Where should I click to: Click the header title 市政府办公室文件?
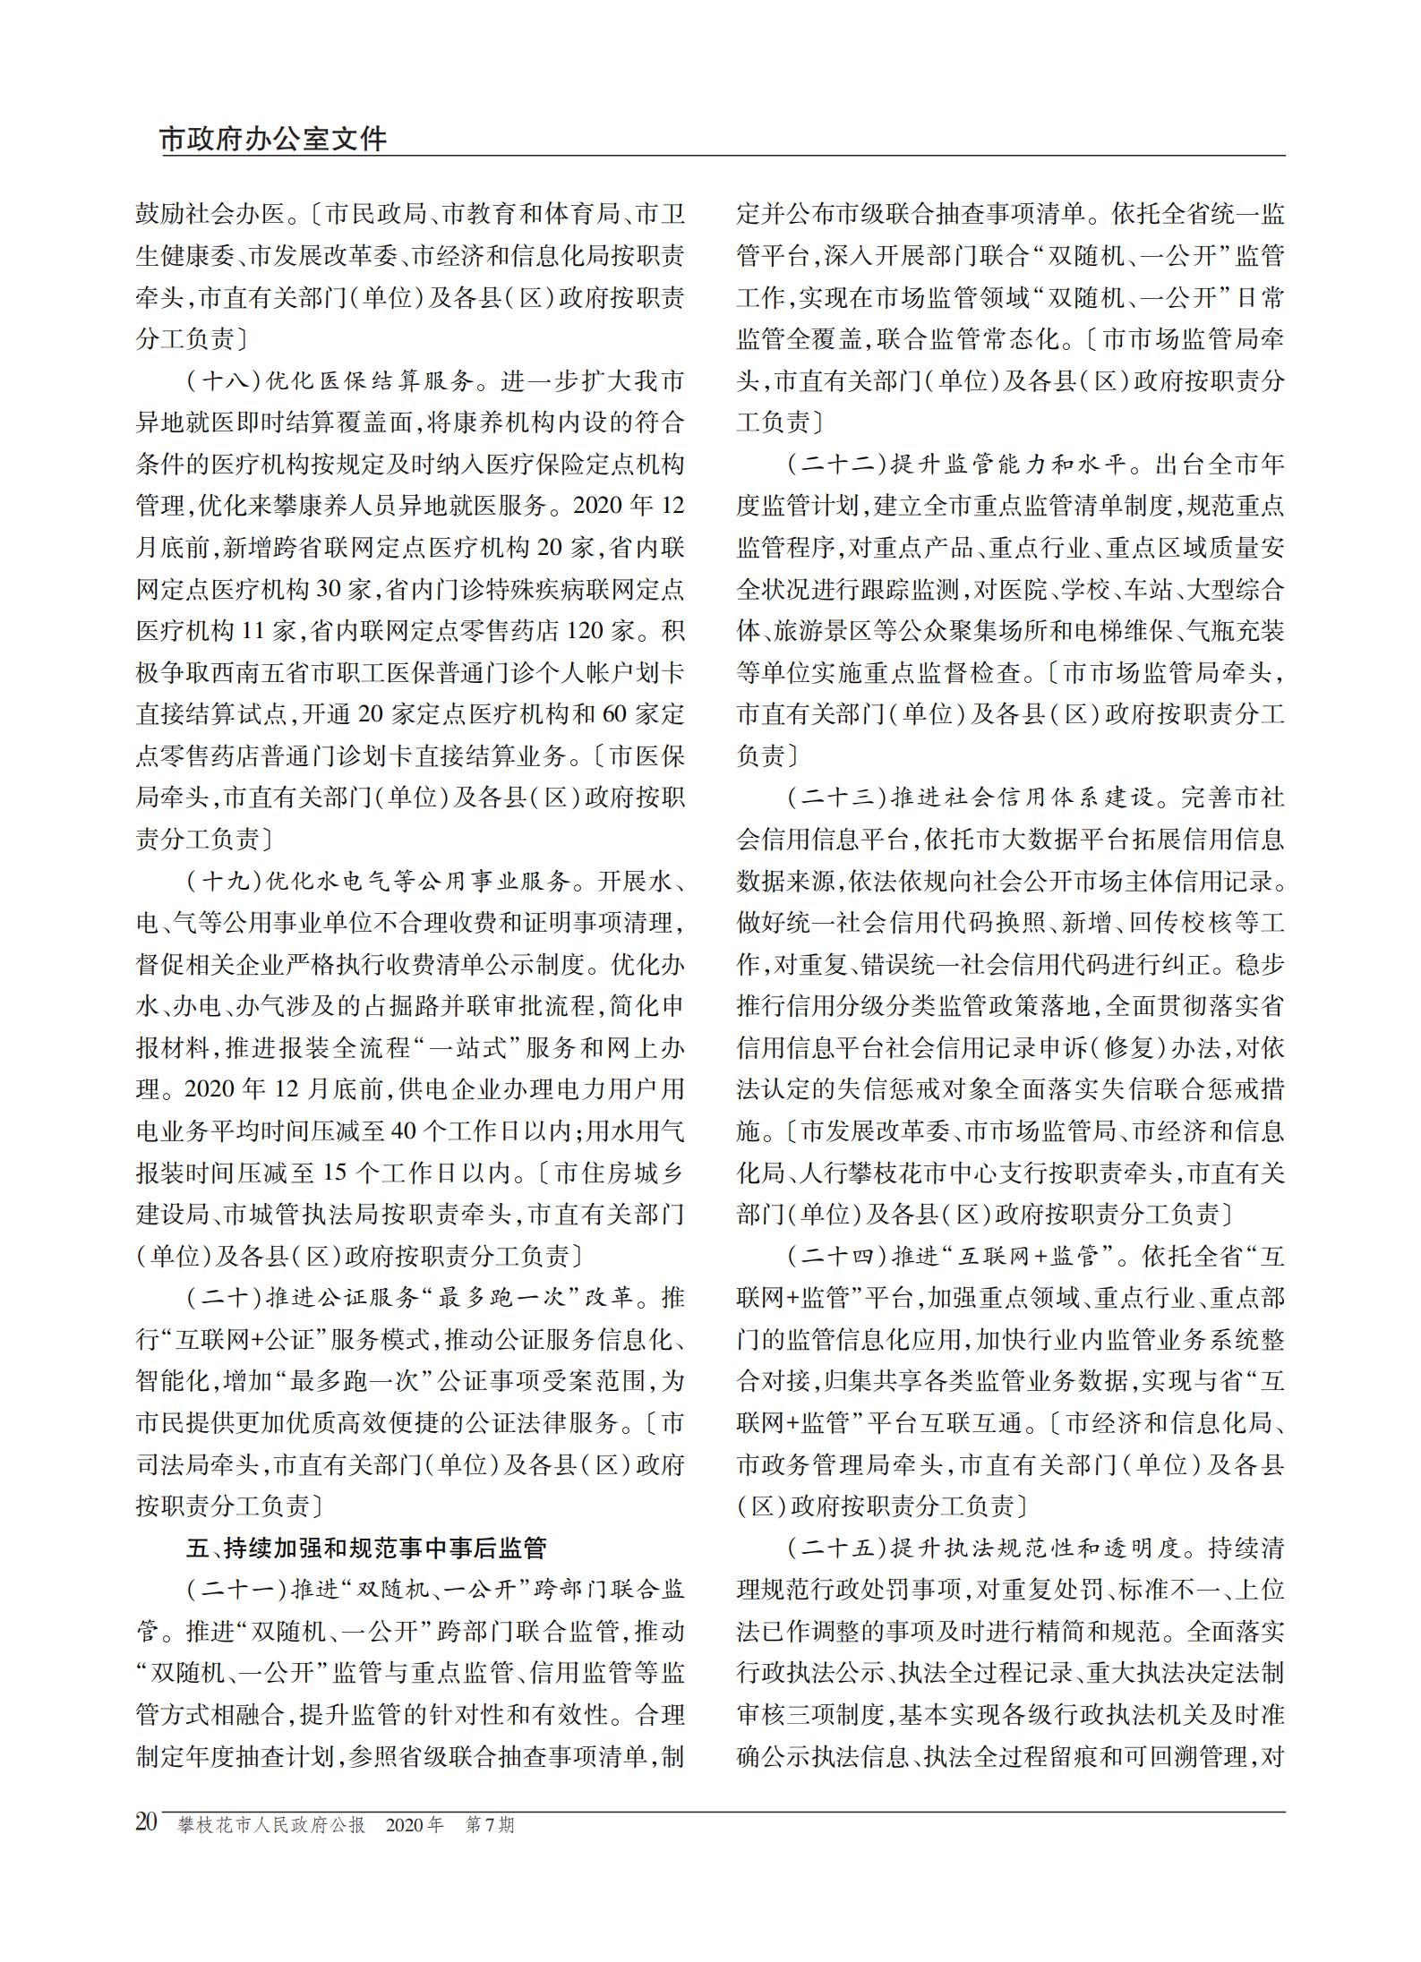pyautogui.click(x=273, y=140)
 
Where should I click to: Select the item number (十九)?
pyautogui.click(x=223, y=882)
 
